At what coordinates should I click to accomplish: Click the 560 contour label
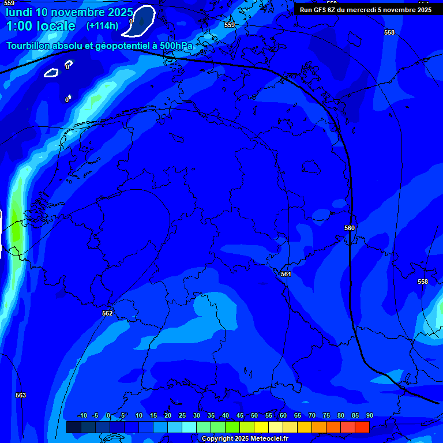(x=350, y=228)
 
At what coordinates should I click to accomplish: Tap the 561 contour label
(x=286, y=274)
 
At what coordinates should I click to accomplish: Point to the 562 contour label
(x=107, y=313)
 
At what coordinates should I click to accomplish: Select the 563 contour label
(x=21, y=395)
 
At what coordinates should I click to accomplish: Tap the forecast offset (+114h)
(x=102, y=25)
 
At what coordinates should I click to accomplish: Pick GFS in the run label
(x=321, y=9)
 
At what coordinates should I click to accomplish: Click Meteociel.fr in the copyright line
(x=269, y=438)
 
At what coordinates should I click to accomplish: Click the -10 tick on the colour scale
(x=82, y=416)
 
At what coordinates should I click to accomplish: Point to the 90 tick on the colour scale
(x=369, y=416)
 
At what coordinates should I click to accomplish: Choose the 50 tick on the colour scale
(x=254, y=416)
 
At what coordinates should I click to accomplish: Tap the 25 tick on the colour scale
(x=182, y=416)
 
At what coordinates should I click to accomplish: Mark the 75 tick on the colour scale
(x=326, y=416)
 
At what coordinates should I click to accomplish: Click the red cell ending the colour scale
(x=362, y=427)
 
